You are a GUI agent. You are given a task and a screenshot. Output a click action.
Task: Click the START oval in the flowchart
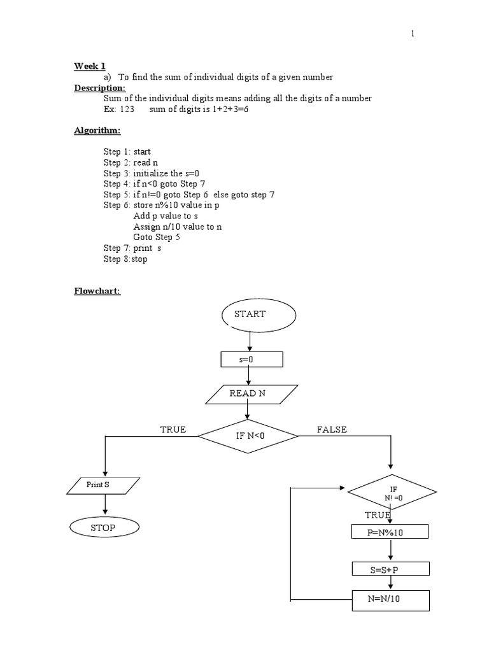[259, 315]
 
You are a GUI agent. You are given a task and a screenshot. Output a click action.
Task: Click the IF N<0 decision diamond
[248, 436]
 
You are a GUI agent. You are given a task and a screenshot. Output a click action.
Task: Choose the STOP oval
[103, 528]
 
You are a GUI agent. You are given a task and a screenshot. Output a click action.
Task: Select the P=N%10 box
[390, 532]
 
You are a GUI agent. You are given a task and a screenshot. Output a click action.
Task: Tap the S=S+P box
[390, 569]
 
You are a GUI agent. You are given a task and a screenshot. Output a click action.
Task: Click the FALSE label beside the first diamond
[332, 430]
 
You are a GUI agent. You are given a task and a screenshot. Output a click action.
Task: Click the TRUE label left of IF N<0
[173, 430]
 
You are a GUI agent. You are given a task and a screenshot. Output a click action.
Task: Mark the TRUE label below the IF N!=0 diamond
[378, 514]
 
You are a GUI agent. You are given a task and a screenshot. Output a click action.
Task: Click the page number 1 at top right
[413, 34]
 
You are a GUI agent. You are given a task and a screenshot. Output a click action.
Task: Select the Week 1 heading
[90, 66]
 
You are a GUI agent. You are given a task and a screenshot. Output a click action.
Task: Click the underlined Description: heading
[100, 88]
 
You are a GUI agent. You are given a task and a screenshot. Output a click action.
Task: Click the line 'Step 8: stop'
[125, 260]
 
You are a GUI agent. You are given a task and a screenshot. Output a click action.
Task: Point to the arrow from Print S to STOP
[104, 505]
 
